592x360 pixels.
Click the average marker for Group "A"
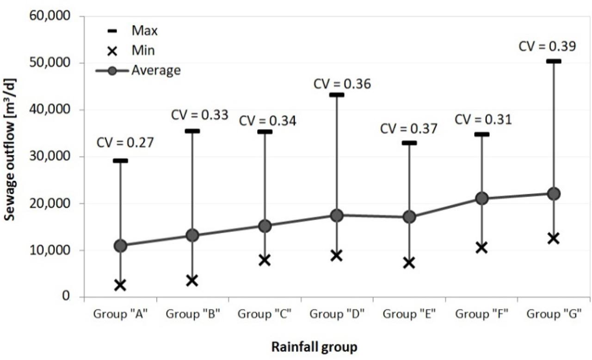[x=120, y=246]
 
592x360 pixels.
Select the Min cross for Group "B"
[x=192, y=280]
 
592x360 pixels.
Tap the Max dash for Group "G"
[x=553, y=61]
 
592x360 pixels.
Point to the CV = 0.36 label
[x=342, y=84]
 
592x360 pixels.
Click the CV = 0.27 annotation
[x=125, y=143]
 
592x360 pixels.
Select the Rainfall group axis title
[x=314, y=347]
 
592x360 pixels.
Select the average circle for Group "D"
[x=337, y=215]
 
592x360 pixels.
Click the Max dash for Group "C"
[x=265, y=132]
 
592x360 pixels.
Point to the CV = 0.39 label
[x=547, y=46]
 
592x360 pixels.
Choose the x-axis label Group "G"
[x=553, y=313]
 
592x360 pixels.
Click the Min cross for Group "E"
[x=409, y=263]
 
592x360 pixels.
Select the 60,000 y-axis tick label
[x=49, y=16]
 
